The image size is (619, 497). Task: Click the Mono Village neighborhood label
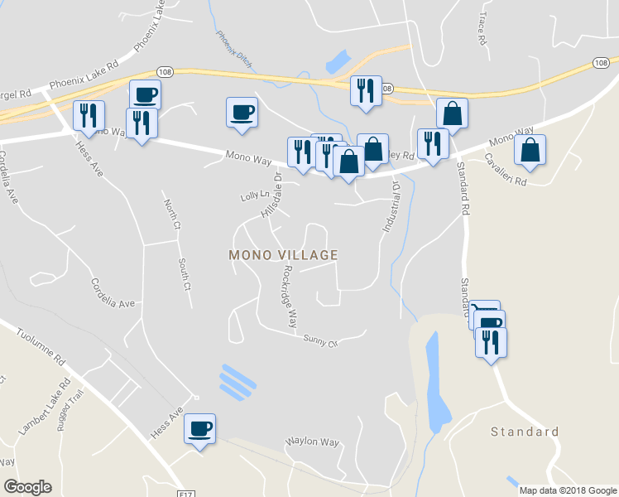coord(284,255)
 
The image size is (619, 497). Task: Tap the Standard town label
coord(525,432)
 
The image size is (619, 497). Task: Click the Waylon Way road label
coord(313,442)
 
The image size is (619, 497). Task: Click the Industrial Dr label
coord(390,207)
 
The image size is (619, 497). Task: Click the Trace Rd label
coord(480,28)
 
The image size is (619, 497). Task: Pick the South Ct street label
coord(185,274)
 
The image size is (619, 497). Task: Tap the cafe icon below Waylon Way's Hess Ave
coord(199,427)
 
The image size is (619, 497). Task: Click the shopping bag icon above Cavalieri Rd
coord(530,150)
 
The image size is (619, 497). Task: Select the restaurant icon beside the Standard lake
coord(492,341)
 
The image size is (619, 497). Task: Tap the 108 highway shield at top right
coord(601,63)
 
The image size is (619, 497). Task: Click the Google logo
coord(27,487)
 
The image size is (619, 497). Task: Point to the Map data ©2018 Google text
coord(567,490)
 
